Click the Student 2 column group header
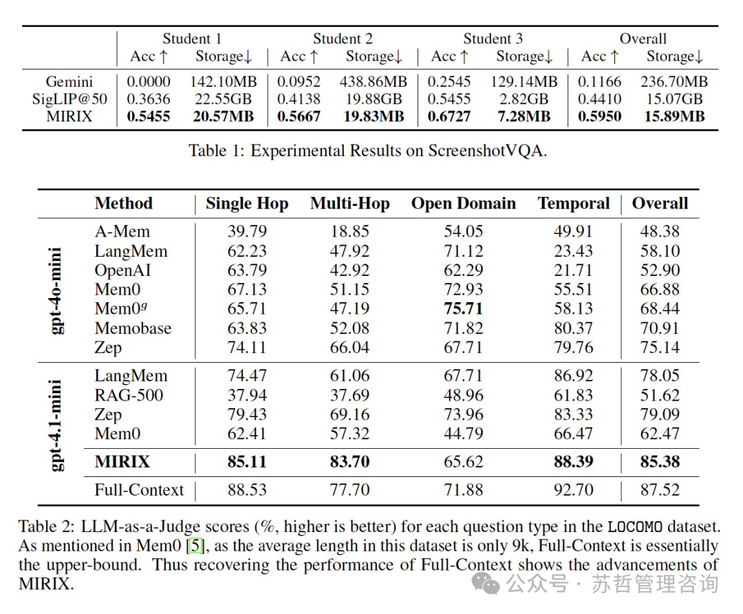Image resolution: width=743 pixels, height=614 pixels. [x=343, y=39]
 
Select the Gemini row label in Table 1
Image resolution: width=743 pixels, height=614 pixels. [x=69, y=81]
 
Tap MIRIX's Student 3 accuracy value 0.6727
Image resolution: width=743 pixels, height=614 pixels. [x=449, y=116]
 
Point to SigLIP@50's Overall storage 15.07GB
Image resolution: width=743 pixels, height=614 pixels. [x=674, y=99]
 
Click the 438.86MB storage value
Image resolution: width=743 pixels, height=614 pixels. [x=373, y=81]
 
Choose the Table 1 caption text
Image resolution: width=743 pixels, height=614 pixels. [x=367, y=151]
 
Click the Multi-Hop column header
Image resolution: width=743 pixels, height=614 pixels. [x=349, y=203]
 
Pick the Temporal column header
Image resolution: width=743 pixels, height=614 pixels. [x=573, y=203]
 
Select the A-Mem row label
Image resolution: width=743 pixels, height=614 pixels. [x=122, y=231]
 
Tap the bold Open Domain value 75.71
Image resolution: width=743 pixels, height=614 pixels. [x=463, y=308]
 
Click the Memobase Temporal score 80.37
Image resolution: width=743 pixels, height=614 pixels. [x=573, y=328]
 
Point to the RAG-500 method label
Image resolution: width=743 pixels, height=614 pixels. [x=129, y=395]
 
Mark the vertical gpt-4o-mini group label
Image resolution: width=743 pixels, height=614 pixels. [x=56, y=290]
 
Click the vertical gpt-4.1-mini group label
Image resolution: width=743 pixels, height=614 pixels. [x=56, y=425]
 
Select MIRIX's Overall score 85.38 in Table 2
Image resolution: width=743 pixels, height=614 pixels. [x=660, y=462]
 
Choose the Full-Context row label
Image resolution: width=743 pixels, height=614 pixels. [x=139, y=490]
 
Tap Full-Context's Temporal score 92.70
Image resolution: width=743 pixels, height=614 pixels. [x=573, y=490]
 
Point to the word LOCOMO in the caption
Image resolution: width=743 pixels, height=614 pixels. [x=635, y=527]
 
